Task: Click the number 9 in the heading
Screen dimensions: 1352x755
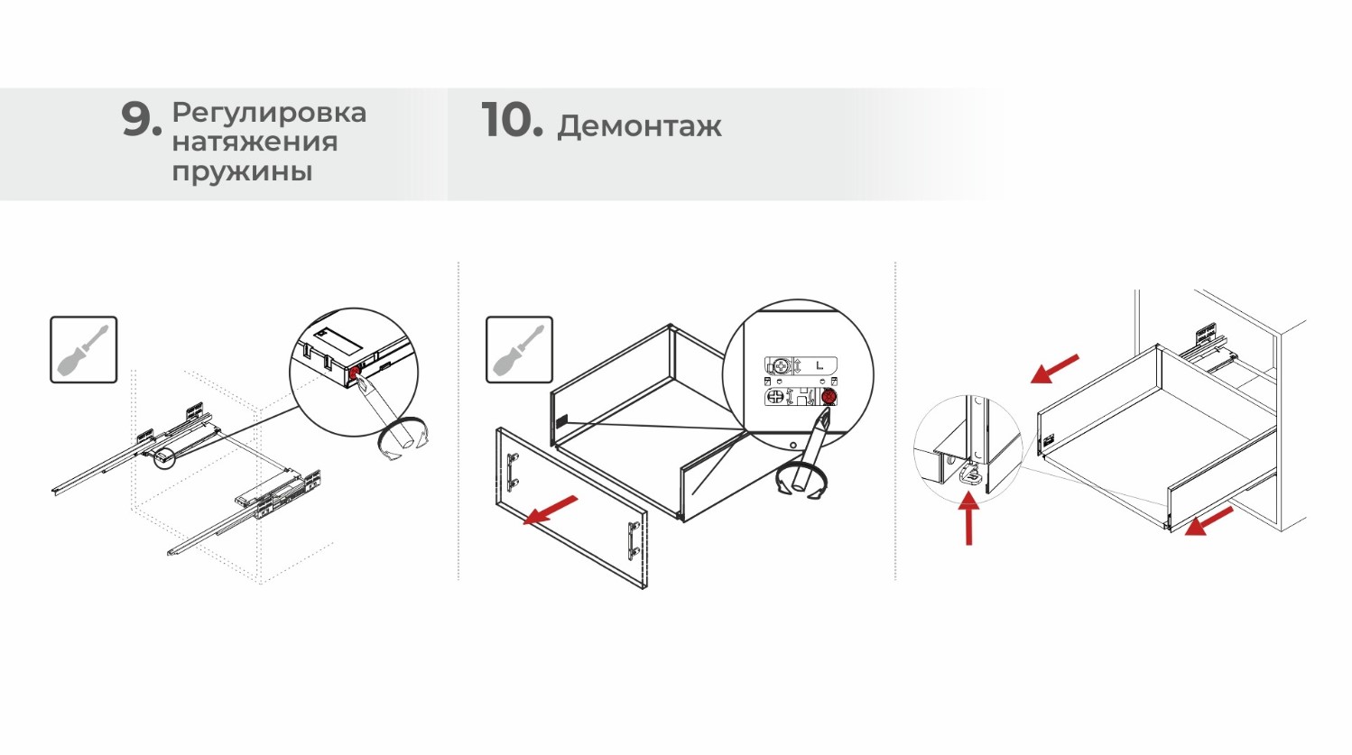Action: [141, 120]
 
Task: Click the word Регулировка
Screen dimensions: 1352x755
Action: [269, 114]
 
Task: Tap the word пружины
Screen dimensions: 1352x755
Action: [242, 171]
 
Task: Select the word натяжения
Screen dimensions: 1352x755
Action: [255, 143]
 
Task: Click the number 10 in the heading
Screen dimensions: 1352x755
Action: [512, 120]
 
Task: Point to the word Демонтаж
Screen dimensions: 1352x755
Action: [639, 127]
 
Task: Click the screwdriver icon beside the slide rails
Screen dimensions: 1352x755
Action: [83, 350]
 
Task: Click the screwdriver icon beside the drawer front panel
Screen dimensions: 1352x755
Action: [519, 350]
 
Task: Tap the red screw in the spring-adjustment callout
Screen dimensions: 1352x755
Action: [355, 373]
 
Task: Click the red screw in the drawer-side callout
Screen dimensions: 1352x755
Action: [829, 397]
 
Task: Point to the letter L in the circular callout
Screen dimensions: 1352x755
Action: [819, 365]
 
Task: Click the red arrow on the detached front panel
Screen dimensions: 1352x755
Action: [551, 510]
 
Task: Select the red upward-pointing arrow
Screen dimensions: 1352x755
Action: [968, 518]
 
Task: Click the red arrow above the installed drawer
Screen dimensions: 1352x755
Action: [1054, 368]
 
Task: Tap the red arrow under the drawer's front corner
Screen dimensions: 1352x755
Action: [1209, 521]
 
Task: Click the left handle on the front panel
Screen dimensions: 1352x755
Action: [513, 472]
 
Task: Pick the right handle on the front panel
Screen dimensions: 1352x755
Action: [634, 539]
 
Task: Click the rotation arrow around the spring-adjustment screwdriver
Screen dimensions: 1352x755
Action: [403, 439]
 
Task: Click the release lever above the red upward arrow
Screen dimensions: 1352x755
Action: [970, 474]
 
